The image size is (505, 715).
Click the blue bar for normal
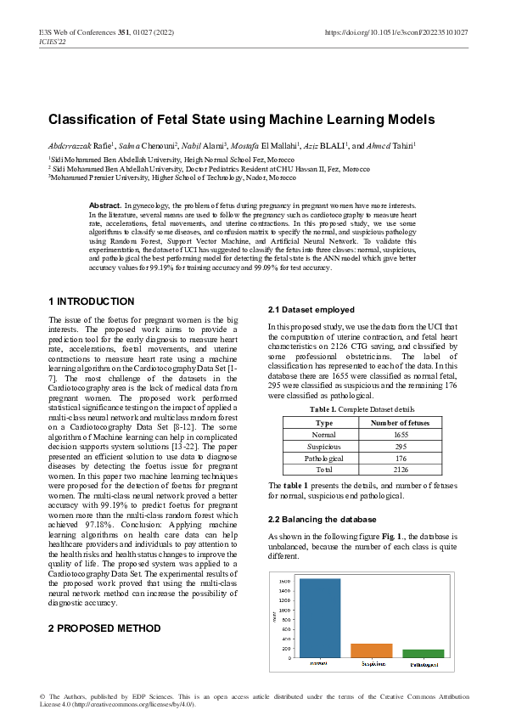[x=319, y=617]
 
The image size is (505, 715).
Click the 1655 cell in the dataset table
[x=396, y=434]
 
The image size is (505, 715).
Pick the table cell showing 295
[x=396, y=446]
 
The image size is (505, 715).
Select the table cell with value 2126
[x=396, y=469]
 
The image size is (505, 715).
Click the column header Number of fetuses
[x=396, y=422]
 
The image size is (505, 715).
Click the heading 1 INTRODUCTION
[x=92, y=301]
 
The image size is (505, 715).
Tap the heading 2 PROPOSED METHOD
[x=104, y=628]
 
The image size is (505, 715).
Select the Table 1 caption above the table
[x=355, y=409]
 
